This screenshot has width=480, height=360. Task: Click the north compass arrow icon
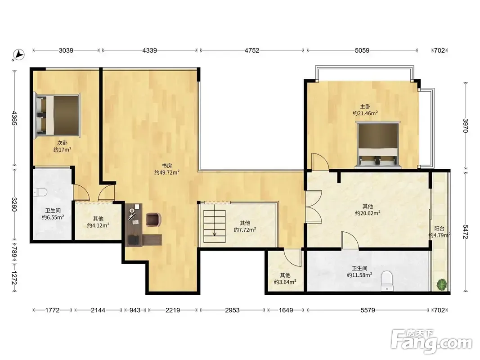[19, 54]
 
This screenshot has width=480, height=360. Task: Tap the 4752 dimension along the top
[251, 50]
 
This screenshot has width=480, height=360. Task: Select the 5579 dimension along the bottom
[368, 310]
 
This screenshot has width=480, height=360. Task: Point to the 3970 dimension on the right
[465, 126]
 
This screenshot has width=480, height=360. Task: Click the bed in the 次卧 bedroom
[58, 115]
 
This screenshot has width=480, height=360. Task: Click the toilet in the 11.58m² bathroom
[387, 281]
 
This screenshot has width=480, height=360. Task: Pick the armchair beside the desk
[153, 220]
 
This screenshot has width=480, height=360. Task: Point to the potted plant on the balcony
[441, 284]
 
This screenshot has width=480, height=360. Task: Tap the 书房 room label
[166, 166]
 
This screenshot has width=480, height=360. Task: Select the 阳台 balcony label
[439, 229]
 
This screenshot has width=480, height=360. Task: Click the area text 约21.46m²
[365, 113]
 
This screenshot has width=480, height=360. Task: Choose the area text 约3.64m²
[285, 282]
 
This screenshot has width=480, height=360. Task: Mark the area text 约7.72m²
[245, 229]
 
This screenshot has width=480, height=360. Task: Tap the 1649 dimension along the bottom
[286, 310]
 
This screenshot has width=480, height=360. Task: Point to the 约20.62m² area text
[368, 213]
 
